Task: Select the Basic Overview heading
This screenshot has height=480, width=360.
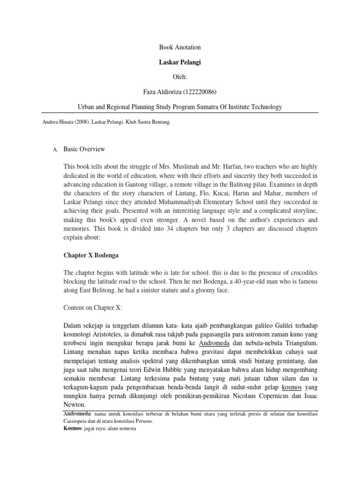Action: pyautogui.click(x=84, y=150)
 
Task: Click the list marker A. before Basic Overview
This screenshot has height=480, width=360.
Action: pyautogui.click(x=54, y=150)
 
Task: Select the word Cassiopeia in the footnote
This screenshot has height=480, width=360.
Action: pyautogui.click(x=77, y=421)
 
